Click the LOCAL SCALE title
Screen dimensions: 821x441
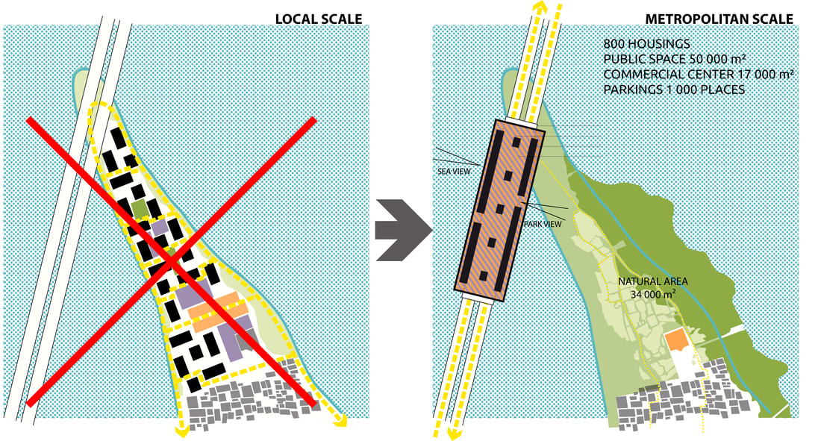319,19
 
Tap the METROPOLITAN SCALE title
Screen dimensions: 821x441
719,19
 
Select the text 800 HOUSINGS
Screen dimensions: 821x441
646,44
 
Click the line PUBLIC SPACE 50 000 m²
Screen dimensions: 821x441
675,59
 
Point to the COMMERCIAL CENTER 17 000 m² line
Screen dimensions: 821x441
699,75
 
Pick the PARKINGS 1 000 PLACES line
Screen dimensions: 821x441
675,90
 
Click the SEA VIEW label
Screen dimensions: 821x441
454,172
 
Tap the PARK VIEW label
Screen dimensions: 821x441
543,224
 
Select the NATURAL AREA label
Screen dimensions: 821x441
653,281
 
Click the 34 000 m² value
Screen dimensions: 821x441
653,295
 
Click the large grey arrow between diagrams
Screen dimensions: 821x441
404,230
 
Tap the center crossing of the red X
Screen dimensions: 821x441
171,261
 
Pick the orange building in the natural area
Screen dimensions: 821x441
676,340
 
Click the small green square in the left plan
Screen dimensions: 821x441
139,208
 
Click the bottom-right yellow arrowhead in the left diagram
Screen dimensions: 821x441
340,420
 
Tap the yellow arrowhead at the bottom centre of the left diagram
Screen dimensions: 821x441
181,431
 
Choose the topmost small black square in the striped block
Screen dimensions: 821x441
516,143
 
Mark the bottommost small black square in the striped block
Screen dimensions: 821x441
483,276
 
